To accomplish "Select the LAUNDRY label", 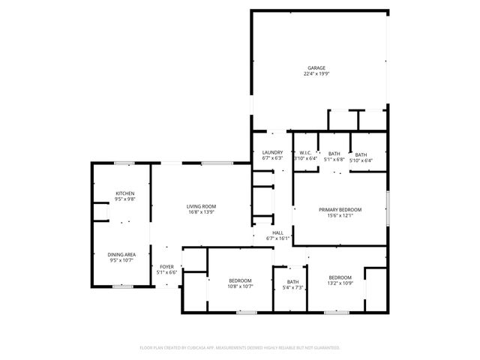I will click(272, 153).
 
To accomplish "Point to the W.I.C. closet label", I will click(305, 154).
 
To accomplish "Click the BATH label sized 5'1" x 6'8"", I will click(334, 154).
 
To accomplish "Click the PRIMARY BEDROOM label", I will click(340, 210).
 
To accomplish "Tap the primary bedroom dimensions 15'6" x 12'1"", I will click(340, 216).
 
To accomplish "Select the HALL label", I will click(277, 233).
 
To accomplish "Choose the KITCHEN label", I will click(124, 193).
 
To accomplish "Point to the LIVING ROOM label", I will click(201, 206).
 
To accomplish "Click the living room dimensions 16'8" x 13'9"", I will click(201, 212).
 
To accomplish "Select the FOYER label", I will click(166, 266).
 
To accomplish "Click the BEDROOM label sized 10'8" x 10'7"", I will click(241, 280).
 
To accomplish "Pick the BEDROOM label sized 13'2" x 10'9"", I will click(340, 277).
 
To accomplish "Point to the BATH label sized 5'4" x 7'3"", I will click(292, 282).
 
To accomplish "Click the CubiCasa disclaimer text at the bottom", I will click(240, 347).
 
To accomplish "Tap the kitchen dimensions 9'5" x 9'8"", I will click(124, 199).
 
